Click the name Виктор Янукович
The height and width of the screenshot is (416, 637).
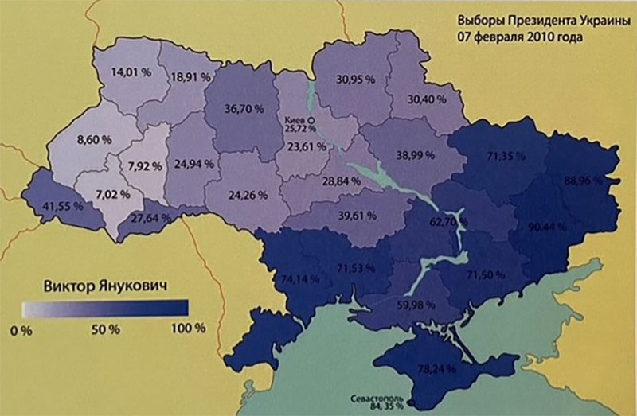(x=104, y=285)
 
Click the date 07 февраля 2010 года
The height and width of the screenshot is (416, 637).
(x=514, y=37)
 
